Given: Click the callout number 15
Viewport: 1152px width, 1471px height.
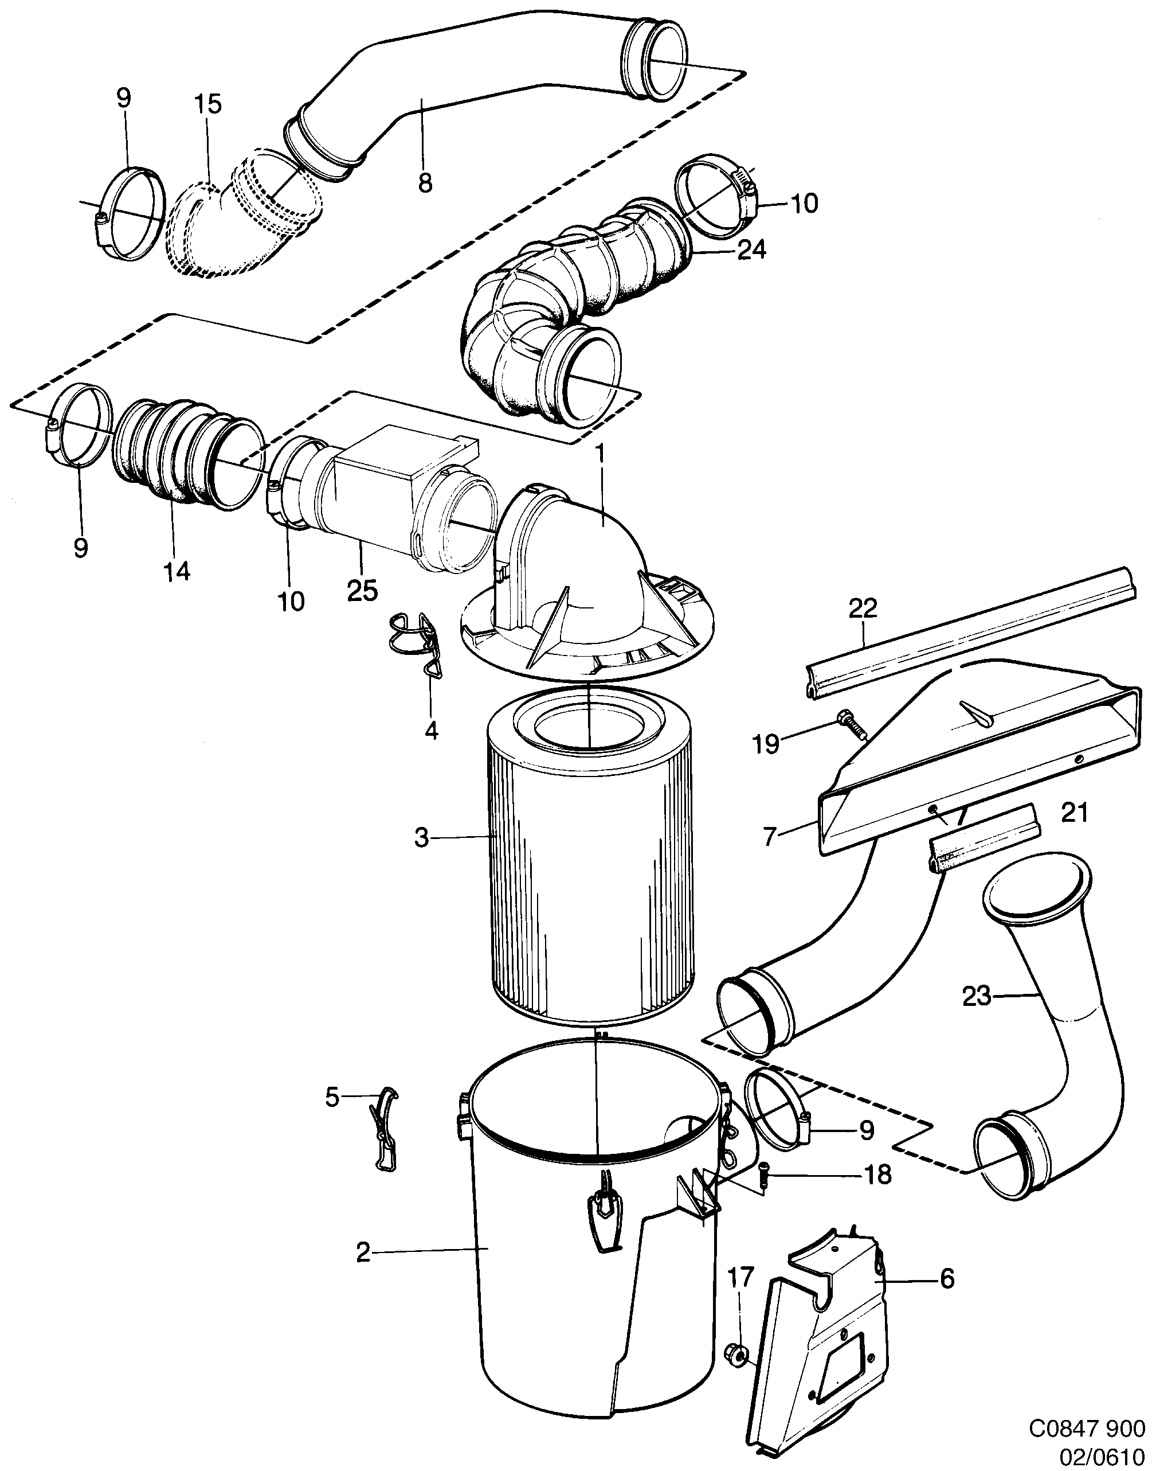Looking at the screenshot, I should click(x=209, y=104).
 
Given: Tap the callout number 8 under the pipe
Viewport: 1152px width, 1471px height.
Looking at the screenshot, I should click(x=424, y=182).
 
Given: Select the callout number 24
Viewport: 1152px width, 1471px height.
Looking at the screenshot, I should click(x=751, y=251).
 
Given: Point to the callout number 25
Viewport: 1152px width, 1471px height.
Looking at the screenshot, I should click(x=362, y=591).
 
